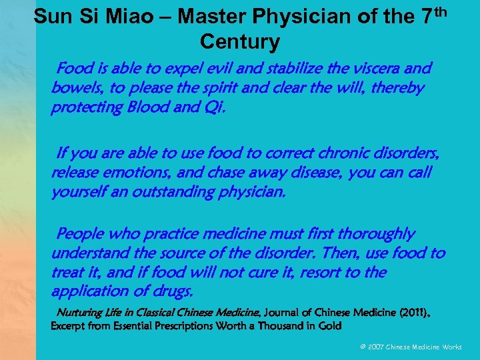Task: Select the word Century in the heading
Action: coord(240,43)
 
